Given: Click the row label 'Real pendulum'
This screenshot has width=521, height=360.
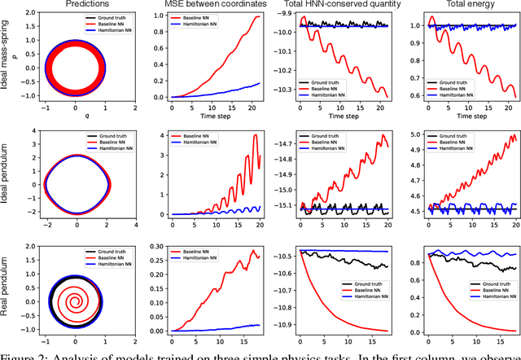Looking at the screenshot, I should click(8, 288).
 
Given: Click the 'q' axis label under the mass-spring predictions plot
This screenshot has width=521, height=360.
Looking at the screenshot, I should click(75, 116).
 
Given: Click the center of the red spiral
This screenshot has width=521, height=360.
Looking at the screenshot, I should click(75, 288).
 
